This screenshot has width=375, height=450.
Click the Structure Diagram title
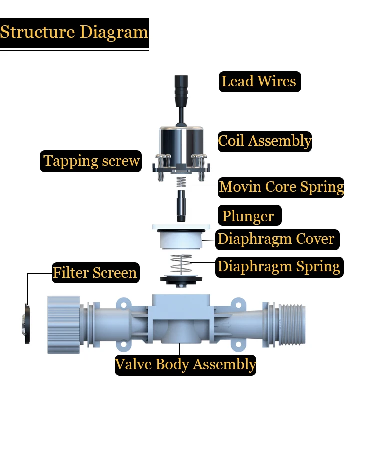[74, 33]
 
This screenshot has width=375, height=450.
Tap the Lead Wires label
[259, 81]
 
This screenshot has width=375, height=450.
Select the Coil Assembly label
[265, 141]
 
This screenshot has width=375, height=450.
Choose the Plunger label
[248, 216]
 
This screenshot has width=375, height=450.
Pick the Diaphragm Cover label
[276, 239]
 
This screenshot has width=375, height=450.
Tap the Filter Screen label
[95, 273]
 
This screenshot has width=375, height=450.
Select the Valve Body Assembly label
[185, 364]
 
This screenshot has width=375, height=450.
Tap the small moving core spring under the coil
[182, 182]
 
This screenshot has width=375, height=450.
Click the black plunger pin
[181, 207]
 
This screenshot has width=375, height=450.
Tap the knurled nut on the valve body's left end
[64, 325]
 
